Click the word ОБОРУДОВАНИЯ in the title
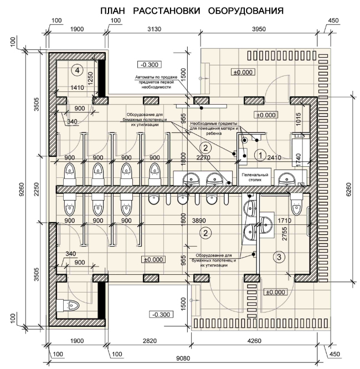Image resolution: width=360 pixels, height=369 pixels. [x=246, y=11]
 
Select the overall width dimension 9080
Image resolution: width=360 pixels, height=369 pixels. [x=183, y=358]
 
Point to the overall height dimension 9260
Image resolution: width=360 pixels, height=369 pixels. [x=22, y=189]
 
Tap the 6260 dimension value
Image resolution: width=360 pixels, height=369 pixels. [x=349, y=189]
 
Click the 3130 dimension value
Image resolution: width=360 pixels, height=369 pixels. [x=154, y=29]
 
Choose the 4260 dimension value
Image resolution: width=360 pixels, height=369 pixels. [x=254, y=341]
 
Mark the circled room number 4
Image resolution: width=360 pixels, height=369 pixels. [x=78, y=70]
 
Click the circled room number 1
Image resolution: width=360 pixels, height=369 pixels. [x=260, y=155]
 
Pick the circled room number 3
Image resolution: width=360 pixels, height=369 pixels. [x=279, y=257]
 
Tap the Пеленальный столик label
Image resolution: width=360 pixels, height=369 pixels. [x=255, y=177]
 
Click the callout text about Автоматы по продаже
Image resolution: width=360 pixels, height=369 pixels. [x=156, y=82]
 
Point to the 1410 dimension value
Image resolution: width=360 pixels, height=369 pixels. [x=77, y=88]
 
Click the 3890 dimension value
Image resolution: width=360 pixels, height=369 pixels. [x=199, y=221]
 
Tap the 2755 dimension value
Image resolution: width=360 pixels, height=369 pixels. [x=285, y=233]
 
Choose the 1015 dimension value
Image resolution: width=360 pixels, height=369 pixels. [x=298, y=119]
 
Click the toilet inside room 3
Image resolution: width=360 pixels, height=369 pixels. [x=296, y=204]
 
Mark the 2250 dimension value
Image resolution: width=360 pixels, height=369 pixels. [x=37, y=189]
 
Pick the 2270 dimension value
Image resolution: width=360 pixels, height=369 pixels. [x=203, y=157]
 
